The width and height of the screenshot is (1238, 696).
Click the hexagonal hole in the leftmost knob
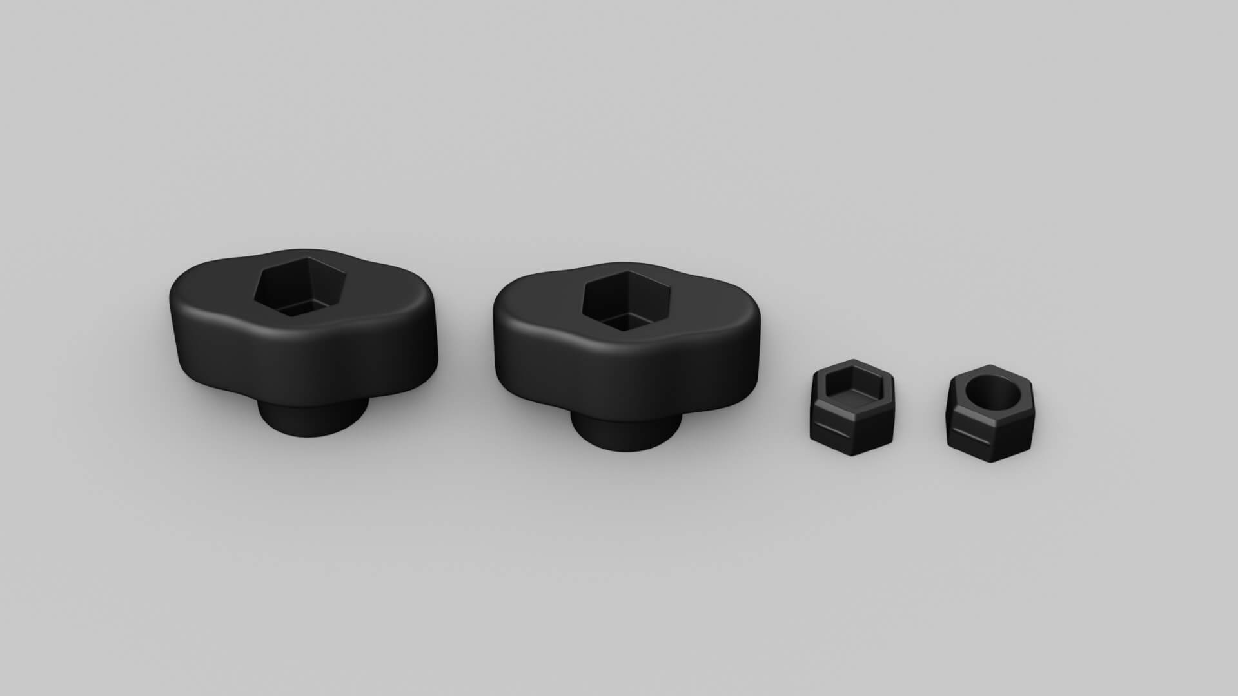point(300,287)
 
